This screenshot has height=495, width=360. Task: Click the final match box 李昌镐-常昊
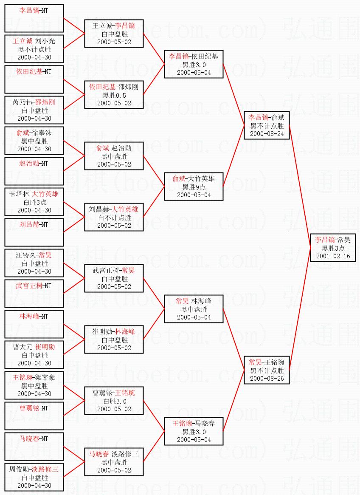pos(333,248)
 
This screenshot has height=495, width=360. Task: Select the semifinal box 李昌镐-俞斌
pos(267,125)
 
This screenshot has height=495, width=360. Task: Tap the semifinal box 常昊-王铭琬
pos(267,370)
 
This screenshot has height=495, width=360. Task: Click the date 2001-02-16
pos(333,256)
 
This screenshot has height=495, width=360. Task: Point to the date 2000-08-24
pos(267,134)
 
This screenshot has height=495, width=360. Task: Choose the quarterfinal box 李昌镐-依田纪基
pos(194,64)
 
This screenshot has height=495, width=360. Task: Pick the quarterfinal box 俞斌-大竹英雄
pos(194,187)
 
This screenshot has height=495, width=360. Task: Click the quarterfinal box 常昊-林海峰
pos(194,309)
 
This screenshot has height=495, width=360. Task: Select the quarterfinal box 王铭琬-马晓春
pos(194,431)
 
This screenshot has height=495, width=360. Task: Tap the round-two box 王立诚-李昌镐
pos(114,34)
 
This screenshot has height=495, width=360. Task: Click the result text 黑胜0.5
pos(114,95)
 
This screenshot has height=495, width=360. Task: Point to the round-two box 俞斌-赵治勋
pos(114,156)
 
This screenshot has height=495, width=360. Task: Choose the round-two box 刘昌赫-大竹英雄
pos(114,217)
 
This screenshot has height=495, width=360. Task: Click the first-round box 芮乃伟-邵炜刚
pos(34,110)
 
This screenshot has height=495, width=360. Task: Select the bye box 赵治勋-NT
pos(34,171)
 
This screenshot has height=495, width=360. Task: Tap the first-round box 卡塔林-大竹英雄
pos(34,202)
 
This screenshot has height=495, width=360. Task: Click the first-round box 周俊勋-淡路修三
pos(34,477)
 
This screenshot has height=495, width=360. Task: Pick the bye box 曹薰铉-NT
pos(34,416)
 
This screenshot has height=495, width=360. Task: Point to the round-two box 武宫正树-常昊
pos(114,278)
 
